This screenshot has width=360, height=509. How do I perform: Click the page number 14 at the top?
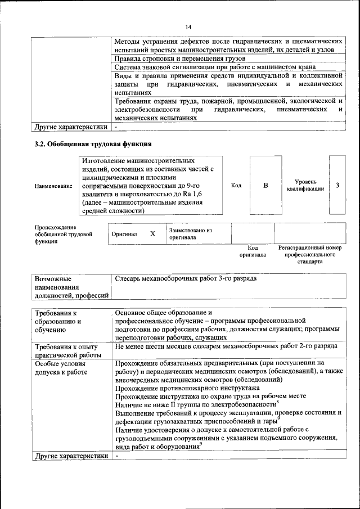(x=188, y=27)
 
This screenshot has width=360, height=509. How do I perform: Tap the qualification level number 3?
(x=337, y=186)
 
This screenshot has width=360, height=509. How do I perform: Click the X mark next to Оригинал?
(x=152, y=233)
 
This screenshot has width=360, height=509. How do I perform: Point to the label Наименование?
(x=53, y=186)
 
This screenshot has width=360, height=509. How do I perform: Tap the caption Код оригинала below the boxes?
(x=253, y=251)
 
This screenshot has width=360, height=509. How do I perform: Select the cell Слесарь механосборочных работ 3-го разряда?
(x=186, y=278)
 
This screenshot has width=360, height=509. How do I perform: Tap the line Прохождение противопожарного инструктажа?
(x=187, y=388)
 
